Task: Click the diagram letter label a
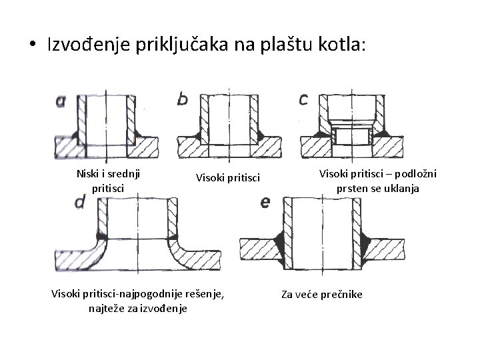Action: [61, 101]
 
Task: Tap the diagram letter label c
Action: [303, 100]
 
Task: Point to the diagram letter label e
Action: [265, 202]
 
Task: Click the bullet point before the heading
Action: [32, 45]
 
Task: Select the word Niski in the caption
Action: [91, 176]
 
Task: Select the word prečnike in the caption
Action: [339, 294]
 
